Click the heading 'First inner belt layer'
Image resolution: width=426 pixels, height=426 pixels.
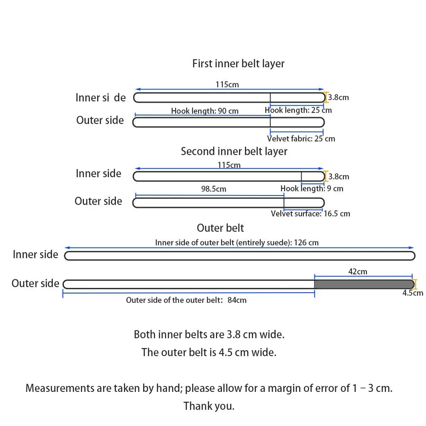coord(238,63)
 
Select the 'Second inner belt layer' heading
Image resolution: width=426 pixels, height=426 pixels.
coord(234,151)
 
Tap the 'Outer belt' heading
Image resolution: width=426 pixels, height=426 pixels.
coord(220,228)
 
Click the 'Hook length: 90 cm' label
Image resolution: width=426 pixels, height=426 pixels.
coord(205,111)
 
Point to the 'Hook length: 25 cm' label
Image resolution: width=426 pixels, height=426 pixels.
coord(298,110)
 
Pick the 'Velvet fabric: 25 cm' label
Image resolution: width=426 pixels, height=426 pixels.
coord(301,138)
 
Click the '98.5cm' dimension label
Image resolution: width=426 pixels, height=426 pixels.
coord(213,189)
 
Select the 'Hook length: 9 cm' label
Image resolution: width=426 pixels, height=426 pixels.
coord(312,189)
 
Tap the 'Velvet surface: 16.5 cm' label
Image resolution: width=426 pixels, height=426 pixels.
coord(311,213)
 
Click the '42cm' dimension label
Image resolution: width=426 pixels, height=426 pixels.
coord(357,271)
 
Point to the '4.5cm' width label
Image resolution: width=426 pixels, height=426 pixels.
coord(413,293)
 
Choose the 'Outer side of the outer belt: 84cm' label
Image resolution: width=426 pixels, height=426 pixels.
coord(186,300)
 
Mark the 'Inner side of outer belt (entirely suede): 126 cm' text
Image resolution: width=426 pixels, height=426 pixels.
coord(237,243)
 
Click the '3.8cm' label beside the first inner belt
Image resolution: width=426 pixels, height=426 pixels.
coord(339,97)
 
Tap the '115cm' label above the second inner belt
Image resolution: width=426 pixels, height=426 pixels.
coord(229,165)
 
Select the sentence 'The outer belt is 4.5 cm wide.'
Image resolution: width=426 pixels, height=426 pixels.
coord(209,352)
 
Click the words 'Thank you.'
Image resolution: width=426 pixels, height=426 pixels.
coord(209,406)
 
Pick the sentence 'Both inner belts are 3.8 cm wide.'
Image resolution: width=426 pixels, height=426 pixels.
coord(209,334)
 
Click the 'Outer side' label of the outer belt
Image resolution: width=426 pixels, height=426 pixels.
coord(35,283)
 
